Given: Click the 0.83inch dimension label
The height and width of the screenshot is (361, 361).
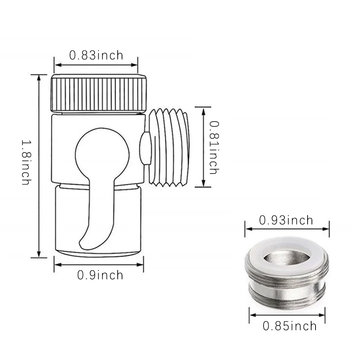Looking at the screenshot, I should point(96,55).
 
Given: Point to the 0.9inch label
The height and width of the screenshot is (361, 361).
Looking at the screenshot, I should point(100,275).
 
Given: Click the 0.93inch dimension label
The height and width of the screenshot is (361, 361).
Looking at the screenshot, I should point(286,220).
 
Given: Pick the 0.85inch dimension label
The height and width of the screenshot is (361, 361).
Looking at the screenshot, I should point(290,326).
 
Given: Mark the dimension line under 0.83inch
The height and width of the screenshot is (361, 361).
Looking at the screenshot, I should point(96,65).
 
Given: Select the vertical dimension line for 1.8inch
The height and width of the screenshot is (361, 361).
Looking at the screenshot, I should point(39,166).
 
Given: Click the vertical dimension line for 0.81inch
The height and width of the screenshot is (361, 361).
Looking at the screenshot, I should point(203,147).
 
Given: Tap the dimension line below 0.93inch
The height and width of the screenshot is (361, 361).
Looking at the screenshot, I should point(287,229).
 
